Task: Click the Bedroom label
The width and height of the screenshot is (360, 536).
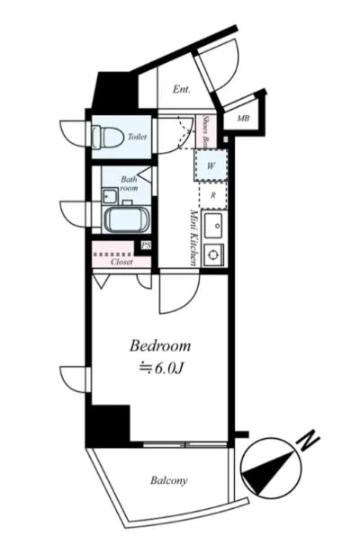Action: [x=160, y=345]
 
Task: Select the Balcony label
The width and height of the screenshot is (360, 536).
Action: [x=169, y=480]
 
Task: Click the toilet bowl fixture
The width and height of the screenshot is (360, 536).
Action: [x=107, y=137]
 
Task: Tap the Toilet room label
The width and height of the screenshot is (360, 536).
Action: [x=137, y=137]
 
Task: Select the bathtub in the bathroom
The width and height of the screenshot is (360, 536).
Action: [x=127, y=219]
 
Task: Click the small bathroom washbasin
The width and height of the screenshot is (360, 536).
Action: [x=110, y=196]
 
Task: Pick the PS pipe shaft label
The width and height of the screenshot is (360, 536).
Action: [x=146, y=246]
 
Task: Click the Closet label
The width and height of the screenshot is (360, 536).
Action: [x=121, y=262]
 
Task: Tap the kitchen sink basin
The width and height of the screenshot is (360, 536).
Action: [x=214, y=226]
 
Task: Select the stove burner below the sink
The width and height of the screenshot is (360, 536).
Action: [x=213, y=255]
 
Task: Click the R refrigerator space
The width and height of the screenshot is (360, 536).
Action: [x=213, y=195]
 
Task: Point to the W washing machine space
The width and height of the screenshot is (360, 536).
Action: [x=211, y=165]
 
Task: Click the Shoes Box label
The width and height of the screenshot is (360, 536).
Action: [x=206, y=131]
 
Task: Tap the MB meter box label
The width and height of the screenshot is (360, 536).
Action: [x=243, y=119]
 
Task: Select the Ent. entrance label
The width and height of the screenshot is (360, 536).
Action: [x=182, y=90]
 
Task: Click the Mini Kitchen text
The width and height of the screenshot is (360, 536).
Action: [x=193, y=237]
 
